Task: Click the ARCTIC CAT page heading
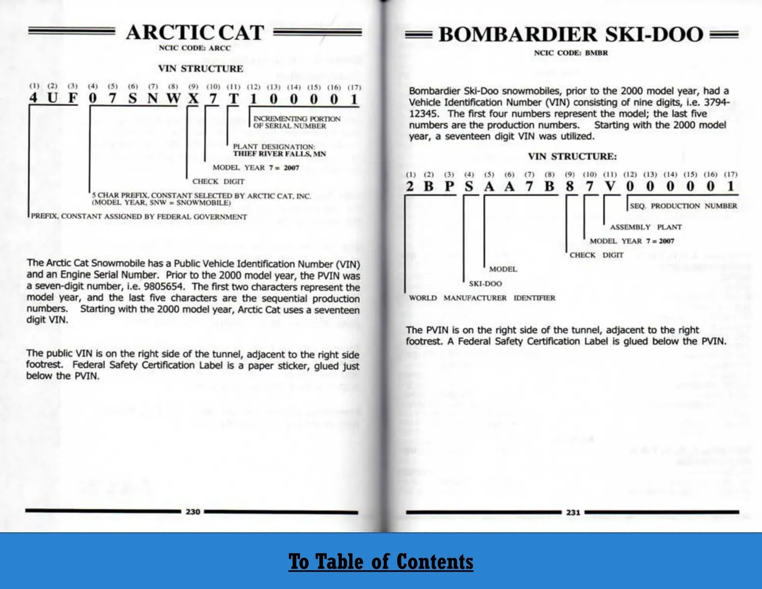[x=195, y=33]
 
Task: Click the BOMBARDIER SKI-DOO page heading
[x=571, y=35]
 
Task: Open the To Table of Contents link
[x=381, y=562]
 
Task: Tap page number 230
[x=192, y=511]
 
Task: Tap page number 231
[x=573, y=512]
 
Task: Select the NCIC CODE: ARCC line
[x=194, y=48]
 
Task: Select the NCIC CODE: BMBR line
[x=571, y=53]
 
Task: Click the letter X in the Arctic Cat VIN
[x=193, y=99]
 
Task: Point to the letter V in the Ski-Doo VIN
[x=609, y=187]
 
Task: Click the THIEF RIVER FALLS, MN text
[x=279, y=154]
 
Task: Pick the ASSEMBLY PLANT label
[x=646, y=227]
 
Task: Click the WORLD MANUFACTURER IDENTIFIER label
[x=482, y=298]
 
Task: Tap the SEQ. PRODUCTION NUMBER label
[x=683, y=206]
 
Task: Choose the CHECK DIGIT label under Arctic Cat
[x=218, y=182]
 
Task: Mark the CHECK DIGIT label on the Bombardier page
[x=596, y=255]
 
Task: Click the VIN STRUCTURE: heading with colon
[x=572, y=157]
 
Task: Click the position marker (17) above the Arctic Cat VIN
[x=354, y=87]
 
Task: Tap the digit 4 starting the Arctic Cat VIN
[x=33, y=98]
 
